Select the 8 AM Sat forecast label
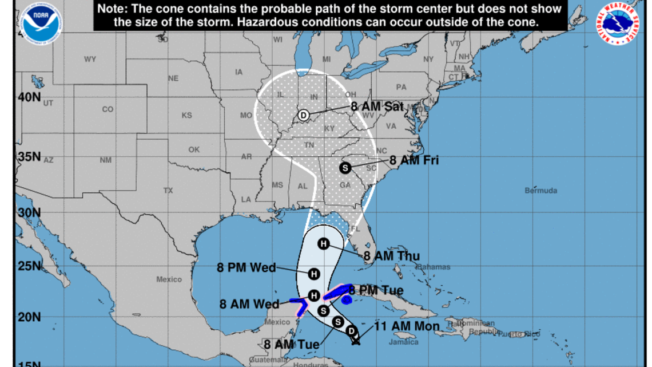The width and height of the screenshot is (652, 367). click(377, 106)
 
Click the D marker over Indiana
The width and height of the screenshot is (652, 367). click(304, 116)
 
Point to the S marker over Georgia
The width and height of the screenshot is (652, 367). click(344, 168)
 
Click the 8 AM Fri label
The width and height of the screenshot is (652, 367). click(414, 160)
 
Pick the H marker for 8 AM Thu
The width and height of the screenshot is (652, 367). click(323, 244)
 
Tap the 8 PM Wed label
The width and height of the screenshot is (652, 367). click(246, 267)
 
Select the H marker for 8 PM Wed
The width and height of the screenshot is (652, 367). click(314, 274)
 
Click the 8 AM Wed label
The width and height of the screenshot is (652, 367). click(249, 304)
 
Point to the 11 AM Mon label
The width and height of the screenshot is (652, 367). click(407, 327)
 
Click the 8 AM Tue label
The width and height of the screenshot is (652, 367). click(291, 345)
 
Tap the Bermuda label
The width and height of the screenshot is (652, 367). click(540, 191)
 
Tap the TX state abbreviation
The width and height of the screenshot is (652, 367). click(168, 190)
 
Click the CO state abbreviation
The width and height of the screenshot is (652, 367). click(108, 109)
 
